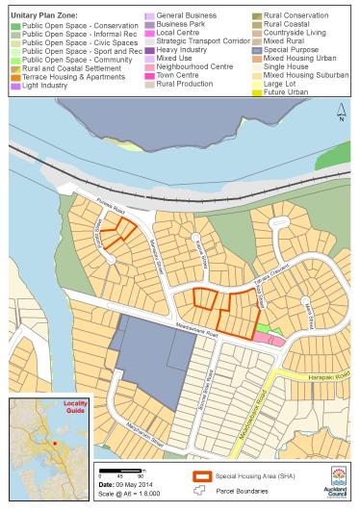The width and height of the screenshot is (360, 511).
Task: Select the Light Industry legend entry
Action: pos(42,86)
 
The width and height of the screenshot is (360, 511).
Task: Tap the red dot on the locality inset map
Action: pos(56,444)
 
